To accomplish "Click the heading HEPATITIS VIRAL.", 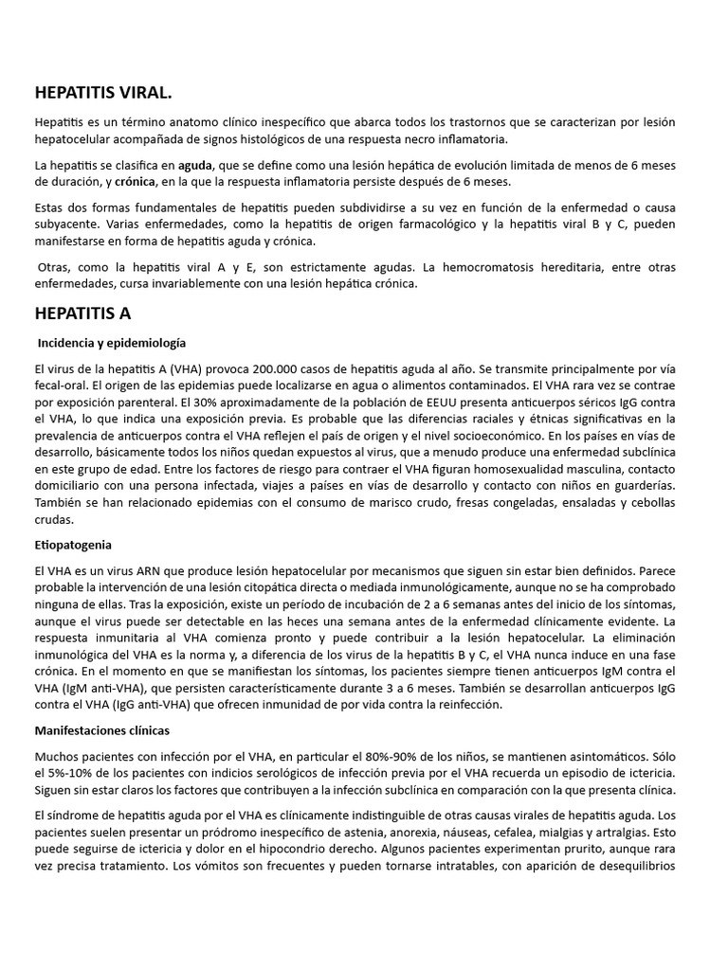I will click(x=103, y=92).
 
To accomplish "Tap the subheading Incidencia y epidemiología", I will click(x=111, y=343).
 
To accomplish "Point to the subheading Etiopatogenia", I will click(x=73, y=545).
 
